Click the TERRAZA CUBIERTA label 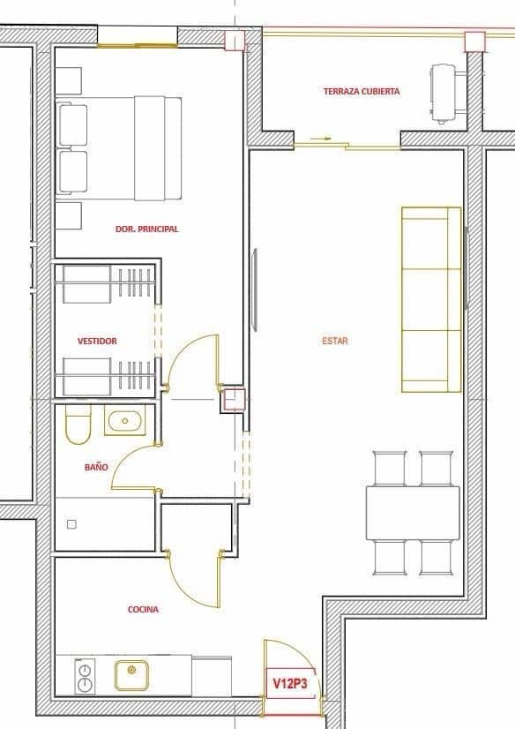pyautogui.click(x=362, y=91)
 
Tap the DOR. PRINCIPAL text pyautogui.click(x=146, y=229)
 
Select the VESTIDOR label pyautogui.click(x=97, y=341)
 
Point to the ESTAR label pyautogui.click(x=335, y=341)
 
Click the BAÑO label pyautogui.click(x=96, y=467)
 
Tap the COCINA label pyautogui.click(x=143, y=609)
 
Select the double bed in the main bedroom pyautogui.click(x=119, y=147)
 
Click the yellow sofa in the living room pyautogui.click(x=431, y=299)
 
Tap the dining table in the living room pyautogui.click(x=413, y=512)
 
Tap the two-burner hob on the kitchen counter pyautogui.click(x=86, y=676)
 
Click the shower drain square pyautogui.click(x=71, y=524)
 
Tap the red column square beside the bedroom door pyautogui.click(x=233, y=400)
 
